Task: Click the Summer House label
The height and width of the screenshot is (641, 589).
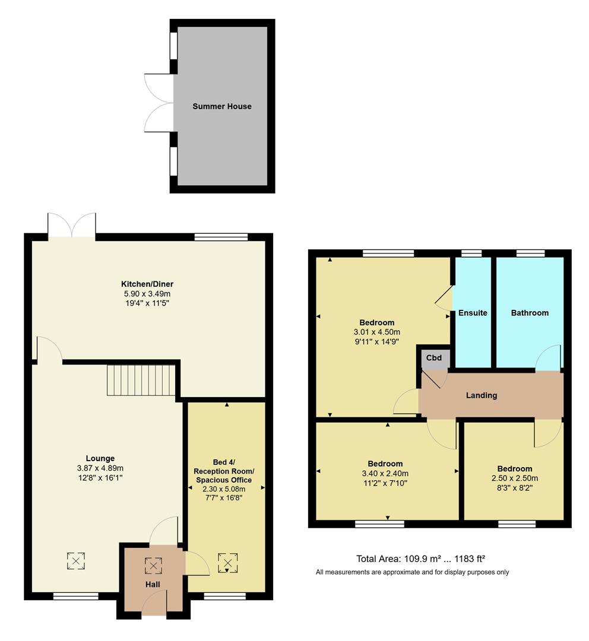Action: point(221,106)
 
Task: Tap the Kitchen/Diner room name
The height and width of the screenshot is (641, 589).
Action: point(147,284)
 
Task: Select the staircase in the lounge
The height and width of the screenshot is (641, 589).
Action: point(142,380)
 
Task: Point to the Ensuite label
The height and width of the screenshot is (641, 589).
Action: point(473,313)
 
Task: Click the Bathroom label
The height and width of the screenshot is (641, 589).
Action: point(530,313)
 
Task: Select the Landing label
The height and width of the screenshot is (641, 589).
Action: point(482,395)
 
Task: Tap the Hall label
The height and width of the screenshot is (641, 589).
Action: point(153,585)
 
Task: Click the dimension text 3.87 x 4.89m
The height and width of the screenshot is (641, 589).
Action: point(100,468)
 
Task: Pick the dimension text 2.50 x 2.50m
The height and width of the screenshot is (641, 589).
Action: point(514,478)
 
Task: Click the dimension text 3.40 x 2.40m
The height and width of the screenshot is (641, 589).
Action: point(385,473)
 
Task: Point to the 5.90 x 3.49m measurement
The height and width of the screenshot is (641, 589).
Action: point(147,293)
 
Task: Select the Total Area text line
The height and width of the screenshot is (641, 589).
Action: point(420,559)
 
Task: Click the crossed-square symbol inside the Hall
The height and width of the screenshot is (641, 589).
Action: point(153,566)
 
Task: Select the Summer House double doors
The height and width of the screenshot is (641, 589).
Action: point(158,103)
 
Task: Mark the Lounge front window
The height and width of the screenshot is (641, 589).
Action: point(75,596)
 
